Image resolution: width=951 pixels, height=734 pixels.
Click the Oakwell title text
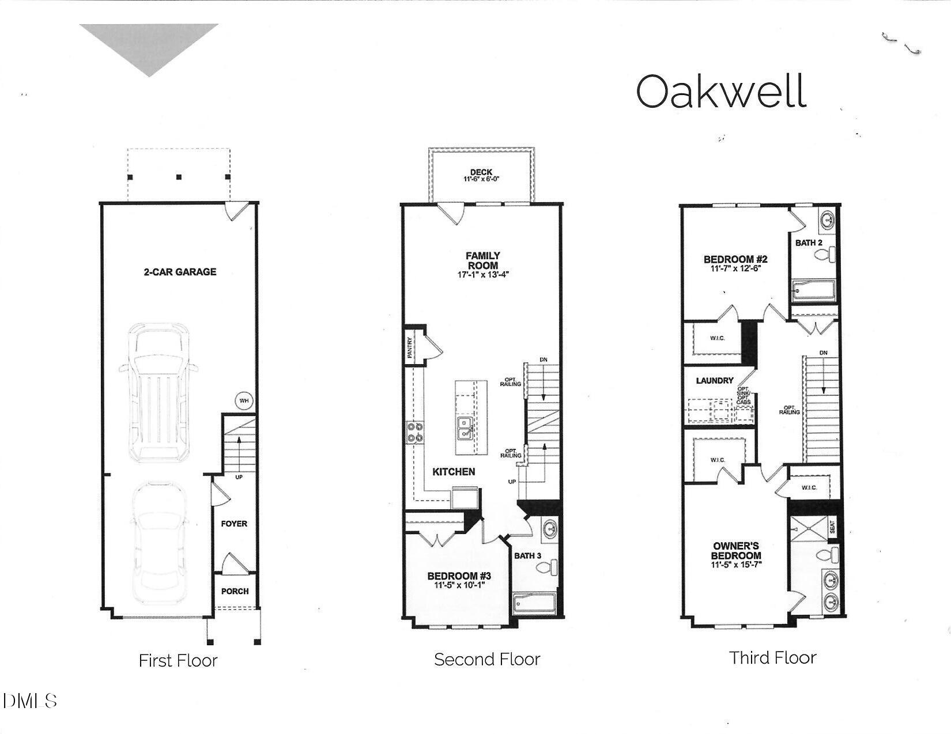tap(720, 91)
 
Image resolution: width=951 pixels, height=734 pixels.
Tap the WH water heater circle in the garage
tap(244, 400)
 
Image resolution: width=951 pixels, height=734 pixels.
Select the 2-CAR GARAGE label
tap(180, 272)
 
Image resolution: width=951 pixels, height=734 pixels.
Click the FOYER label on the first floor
tap(234, 524)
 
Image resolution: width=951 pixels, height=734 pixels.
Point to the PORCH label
tap(235, 591)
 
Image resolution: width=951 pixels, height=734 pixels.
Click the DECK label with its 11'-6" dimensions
tap(481, 175)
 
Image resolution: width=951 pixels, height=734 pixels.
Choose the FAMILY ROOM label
tap(483, 264)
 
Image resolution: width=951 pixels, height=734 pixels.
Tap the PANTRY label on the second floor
tap(410, 348)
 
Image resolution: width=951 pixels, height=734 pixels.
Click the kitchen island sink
tap(465, 426)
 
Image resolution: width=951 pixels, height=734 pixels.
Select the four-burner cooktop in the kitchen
tap(416, 432)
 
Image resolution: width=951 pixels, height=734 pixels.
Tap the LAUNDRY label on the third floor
tap(715, 381)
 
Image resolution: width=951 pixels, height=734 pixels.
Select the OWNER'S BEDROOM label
tap(736, 555)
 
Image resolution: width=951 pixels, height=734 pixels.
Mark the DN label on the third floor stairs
tap(823, 353)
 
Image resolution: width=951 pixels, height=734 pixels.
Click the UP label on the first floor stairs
tap(238, 477)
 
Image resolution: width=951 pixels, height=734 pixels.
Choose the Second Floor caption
tap(487, 659)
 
